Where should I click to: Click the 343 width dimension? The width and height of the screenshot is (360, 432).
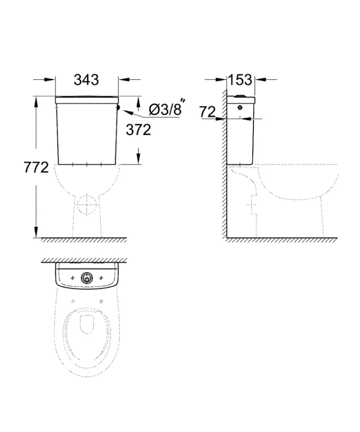[x=86, y=80]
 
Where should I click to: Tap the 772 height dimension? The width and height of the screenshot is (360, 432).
[x=36, y=168]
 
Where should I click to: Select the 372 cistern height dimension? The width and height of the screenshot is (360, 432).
[x=139, y=130]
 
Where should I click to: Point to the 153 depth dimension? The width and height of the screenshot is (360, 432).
[x=240, y=80]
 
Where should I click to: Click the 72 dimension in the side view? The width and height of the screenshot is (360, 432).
[x=207, y=112]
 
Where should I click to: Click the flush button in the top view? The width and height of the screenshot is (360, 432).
[x=87, y=278]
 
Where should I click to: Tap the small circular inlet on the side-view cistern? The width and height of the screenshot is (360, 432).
[x=240, y=107]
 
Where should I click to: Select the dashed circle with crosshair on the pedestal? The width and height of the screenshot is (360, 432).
[x=87, y=205]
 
